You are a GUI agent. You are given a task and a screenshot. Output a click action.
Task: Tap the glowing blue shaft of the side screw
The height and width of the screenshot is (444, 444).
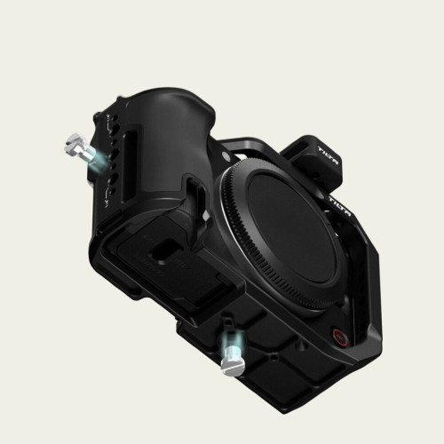coord(93,156)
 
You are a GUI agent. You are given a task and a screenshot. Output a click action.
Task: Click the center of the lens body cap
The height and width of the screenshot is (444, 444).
coord(286,226)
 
